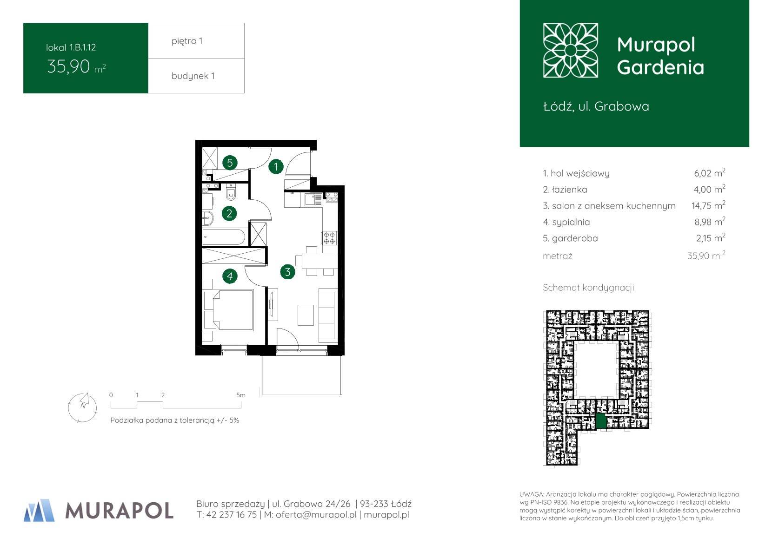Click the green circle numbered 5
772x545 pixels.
(x=230, y=163)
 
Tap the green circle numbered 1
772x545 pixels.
(x=276, y=167)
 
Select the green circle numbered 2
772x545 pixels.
(x=229, y=213)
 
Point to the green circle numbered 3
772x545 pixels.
(x=287, y=272)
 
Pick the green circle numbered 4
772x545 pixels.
(x=230, y=276)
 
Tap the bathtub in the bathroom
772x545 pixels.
(x=224, y=237)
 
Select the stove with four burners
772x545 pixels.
(x=329, y=238)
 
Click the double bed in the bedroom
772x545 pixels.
(x=229, y=310)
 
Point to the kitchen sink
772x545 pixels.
(x=313, y=199)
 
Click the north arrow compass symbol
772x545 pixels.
(x=83, y=407)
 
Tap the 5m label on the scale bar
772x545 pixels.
(x=241, y=395)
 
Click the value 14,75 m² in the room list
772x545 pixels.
(x=708, y=205)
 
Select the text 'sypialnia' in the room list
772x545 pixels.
(x=571, y=222)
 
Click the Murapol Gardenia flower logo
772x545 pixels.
(x=570, y=50)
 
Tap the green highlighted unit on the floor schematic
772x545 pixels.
(x=601, y=421)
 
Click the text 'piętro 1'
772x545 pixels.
(x=187, y=41)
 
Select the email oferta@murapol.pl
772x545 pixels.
(x=316, y=514)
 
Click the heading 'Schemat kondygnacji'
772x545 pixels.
(x=588, y=288)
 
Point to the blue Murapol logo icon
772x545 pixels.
(x=39, y=510)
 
